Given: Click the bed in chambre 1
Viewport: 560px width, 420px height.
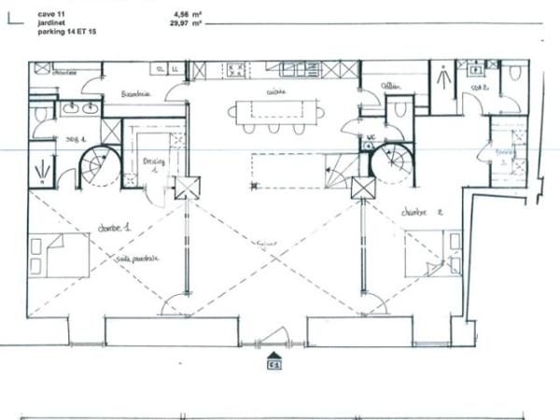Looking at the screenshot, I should coord(60,255).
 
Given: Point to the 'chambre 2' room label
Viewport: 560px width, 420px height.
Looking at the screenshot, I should coord(419,211).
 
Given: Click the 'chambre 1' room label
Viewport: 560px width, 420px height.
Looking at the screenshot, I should coord(113,227).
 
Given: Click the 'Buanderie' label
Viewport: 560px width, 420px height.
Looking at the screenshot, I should coord(136,94).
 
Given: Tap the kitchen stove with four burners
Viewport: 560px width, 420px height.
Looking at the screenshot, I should coord(235,69).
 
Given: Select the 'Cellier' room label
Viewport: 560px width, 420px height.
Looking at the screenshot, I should coord(390,86).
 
